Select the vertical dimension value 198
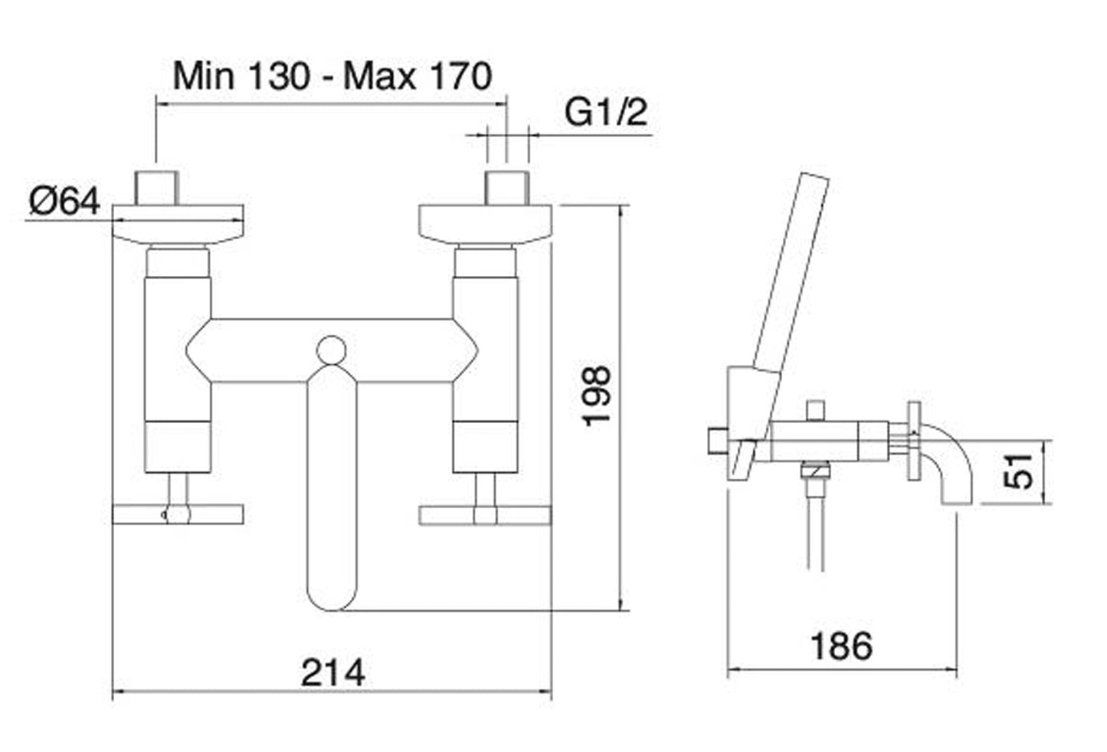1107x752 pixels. tap(597, 396)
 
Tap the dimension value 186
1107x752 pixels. tap(841, 645)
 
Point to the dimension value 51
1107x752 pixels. tap(1020, 471)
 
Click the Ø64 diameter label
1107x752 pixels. tap(65, 202)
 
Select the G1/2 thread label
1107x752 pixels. tap(606, 113)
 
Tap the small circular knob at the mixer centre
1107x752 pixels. tap(331, 350)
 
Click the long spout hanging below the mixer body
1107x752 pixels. tap(331, 491)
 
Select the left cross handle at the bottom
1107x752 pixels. tap(178, 514)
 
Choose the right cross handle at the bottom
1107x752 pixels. tap(484, 514)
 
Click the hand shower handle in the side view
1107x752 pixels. tap(789, 276)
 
